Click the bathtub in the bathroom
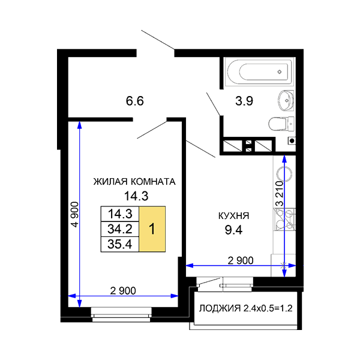click(x=259, y=71)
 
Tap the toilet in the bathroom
click(x=281, y=124)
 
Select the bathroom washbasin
click(x=286, y=100)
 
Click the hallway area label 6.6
click(x=135, y=101)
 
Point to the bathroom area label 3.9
click(x=244, y=101)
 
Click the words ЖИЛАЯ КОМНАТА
click(x=134, y=182)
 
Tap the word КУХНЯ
click(x=233, y=216)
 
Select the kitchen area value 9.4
click(x=233, y=230)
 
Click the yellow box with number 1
click(x=152, y=229)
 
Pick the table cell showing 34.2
click(x=120, y=229)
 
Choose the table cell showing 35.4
click(x=120, y=244)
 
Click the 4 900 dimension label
click(x=75, y=214)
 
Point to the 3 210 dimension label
click(x=280, y=193)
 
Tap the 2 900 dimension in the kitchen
click(x=241, y=260)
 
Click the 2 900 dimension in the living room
click(x=123, y=290)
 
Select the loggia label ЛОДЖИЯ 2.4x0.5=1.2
click(x=245, y=308)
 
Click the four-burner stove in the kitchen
click(x=284, y=219)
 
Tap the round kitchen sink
click(x=284, y=173)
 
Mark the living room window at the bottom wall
click(x=121, y=314)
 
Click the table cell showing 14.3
click(x=120, y=214)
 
